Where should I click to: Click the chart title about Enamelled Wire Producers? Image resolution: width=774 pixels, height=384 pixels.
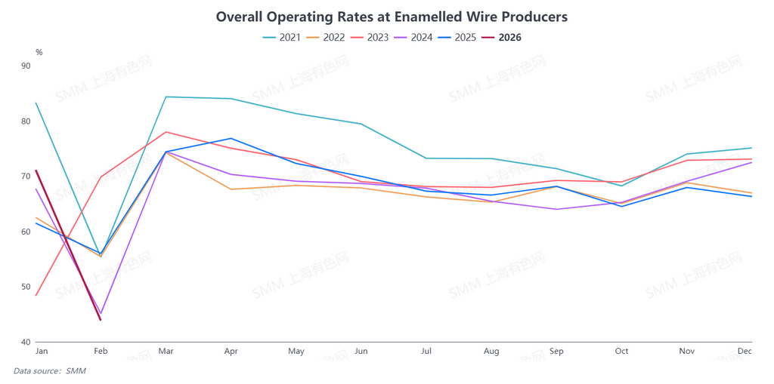(392, 16)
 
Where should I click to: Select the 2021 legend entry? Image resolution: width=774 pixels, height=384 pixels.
(282, 37)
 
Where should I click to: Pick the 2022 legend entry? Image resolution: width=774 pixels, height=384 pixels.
(326, 37)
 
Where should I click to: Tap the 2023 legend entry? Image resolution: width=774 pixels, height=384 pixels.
(370, 37)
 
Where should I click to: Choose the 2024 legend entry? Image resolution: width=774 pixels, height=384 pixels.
(413, 37)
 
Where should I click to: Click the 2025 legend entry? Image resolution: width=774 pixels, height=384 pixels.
(457, 37)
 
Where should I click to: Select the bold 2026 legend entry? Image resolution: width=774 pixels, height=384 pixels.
(501, 37)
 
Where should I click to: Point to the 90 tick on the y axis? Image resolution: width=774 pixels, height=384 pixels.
(26, 66)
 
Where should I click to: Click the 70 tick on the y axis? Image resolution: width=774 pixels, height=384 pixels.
(26, 177)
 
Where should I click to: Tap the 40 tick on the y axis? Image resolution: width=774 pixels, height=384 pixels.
(26, 343)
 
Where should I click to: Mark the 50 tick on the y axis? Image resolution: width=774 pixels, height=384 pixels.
(26, 287)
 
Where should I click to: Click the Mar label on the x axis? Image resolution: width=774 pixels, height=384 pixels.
(166, 352)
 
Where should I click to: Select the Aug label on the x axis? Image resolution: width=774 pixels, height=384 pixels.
(491, 352)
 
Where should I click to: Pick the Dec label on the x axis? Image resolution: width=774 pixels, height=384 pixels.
(745, 352)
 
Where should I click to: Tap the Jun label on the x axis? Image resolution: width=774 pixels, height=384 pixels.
(361, 352)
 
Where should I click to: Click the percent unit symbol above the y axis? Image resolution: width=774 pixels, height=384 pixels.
(39, 52)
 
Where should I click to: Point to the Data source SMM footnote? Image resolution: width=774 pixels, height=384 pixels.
(49, 370)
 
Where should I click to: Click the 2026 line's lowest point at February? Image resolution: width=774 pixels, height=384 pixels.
(101, 320)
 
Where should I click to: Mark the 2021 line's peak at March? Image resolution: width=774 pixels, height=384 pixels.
(166, 97)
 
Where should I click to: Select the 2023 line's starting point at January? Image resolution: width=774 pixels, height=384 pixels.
(36, 295)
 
